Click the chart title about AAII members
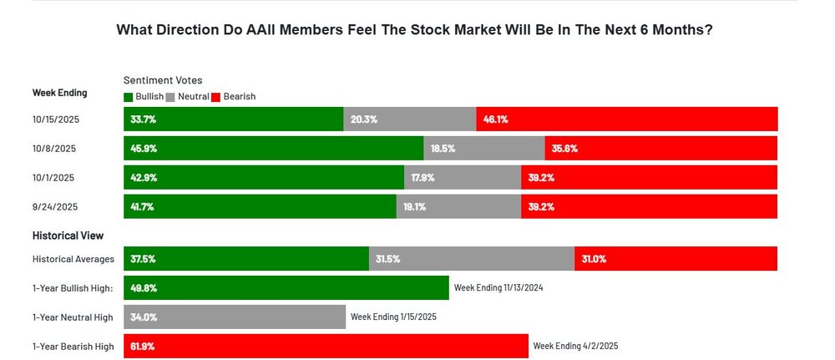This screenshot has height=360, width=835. point(414,30)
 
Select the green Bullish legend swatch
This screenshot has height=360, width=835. point(128,97)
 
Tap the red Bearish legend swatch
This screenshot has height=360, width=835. point(215,97)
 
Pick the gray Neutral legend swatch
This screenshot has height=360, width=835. point(170,97)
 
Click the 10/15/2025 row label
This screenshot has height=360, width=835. point(56,119)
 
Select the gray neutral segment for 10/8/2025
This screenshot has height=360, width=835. point(484,149)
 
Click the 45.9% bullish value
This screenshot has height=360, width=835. point(144,149)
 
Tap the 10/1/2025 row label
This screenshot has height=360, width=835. point(53,178)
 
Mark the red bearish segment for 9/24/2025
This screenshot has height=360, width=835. point(649,206)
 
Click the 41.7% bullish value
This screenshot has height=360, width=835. point(144,206)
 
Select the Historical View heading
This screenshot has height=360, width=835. point(68,236)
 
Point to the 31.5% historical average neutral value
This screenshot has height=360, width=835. point(388,259)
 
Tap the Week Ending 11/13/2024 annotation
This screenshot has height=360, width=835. point(498,288)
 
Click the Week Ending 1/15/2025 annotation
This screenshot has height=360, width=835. point(393,317)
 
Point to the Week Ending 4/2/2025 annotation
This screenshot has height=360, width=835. point(575,346)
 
